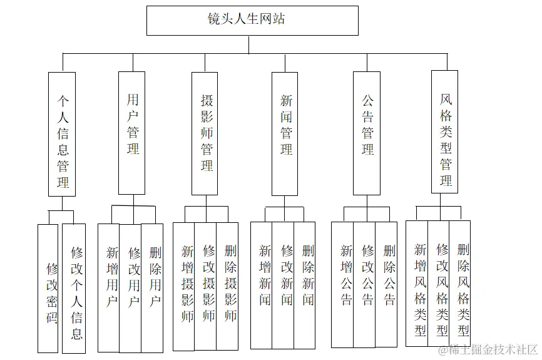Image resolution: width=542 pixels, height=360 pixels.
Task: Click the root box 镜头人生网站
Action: click(252, 20)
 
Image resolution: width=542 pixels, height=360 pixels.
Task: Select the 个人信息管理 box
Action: click(62, 134)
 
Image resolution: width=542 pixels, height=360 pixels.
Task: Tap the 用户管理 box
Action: click(132, 132)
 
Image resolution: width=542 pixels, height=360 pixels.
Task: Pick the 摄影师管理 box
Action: click(205, 133)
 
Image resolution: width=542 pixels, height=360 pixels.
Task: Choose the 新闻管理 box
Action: click(285, 133)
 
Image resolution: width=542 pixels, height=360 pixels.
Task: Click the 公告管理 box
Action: click(366, 133)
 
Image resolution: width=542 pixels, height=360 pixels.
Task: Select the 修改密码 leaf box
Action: click(48, 288)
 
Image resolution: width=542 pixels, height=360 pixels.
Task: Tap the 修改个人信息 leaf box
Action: click(74, 288)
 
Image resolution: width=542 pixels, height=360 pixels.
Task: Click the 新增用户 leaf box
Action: click(109, 287)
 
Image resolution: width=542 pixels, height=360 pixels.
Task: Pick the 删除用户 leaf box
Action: click(152, 287)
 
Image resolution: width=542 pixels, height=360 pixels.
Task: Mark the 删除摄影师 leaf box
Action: click(227, 286)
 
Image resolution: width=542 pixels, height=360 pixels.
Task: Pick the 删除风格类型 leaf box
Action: click(460, 283)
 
